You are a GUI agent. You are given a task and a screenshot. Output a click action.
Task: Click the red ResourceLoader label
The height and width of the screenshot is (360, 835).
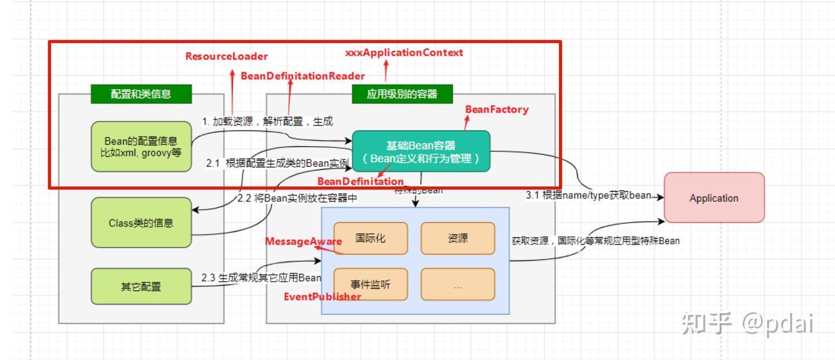(227, 56)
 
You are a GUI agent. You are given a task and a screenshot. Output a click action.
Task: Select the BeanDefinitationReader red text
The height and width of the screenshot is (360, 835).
(303, 76)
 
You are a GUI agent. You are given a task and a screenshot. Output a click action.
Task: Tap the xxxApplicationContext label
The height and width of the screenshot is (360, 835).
(404, 53)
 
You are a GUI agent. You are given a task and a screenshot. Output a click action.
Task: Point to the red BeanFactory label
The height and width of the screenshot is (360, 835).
(497, 109)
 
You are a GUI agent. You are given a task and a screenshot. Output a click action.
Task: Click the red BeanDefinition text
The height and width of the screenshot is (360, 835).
(360, 181)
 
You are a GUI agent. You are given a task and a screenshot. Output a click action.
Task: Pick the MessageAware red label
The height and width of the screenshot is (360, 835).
(303, 241)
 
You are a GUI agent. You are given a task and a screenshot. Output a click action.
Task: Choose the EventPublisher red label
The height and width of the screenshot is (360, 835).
(322, 297)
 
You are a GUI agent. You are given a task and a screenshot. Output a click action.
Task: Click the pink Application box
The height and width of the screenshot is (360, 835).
(714, 198)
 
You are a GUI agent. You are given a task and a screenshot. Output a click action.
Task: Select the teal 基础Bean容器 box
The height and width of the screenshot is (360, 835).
(421, 151)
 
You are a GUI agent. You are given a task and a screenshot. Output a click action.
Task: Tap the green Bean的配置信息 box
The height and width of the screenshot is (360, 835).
(141, 147)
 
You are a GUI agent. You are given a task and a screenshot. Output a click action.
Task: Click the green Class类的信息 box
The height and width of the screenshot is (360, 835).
(141, 223)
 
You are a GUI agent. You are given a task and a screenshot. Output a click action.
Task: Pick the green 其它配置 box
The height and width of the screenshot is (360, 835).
(141, 286)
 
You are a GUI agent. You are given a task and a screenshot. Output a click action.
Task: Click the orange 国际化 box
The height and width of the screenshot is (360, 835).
(371, 238)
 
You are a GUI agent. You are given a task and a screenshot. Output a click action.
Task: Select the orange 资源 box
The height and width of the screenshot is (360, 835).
(458, 238)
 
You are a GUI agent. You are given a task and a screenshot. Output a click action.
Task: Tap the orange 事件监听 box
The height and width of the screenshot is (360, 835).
(371, 285)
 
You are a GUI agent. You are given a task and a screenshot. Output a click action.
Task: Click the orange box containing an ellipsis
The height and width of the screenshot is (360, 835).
(458, 285)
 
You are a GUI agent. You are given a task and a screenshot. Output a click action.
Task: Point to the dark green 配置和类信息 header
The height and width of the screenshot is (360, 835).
(141, 94)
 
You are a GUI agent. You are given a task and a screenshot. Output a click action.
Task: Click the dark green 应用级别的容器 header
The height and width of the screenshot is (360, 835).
(402, 94)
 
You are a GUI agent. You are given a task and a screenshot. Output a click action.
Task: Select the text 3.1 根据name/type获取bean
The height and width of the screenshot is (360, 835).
(588, 195)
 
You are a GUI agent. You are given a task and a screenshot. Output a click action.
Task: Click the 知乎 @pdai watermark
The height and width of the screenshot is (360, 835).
(747, 323)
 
